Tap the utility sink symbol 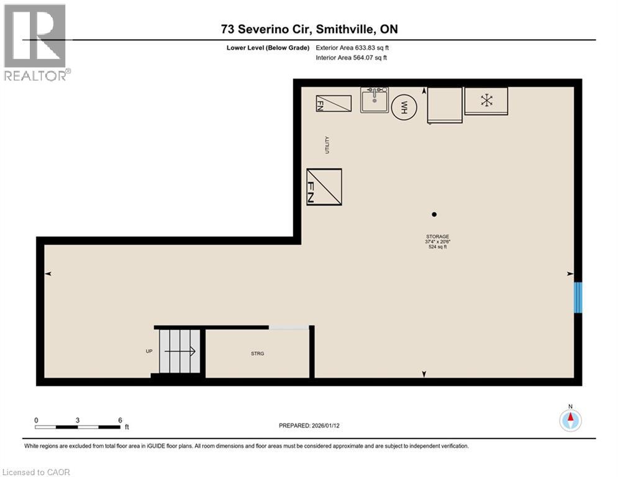(375, 101)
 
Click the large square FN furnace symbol (324, 187)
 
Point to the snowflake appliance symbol (486, 100)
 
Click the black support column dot (434, 214)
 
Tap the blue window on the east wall (578, 297)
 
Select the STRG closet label (258, 353)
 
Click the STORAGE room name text (436, 236)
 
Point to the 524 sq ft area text (436, 247)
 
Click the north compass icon (570, 420)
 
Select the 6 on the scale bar (120, 420)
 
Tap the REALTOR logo (36, 42)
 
